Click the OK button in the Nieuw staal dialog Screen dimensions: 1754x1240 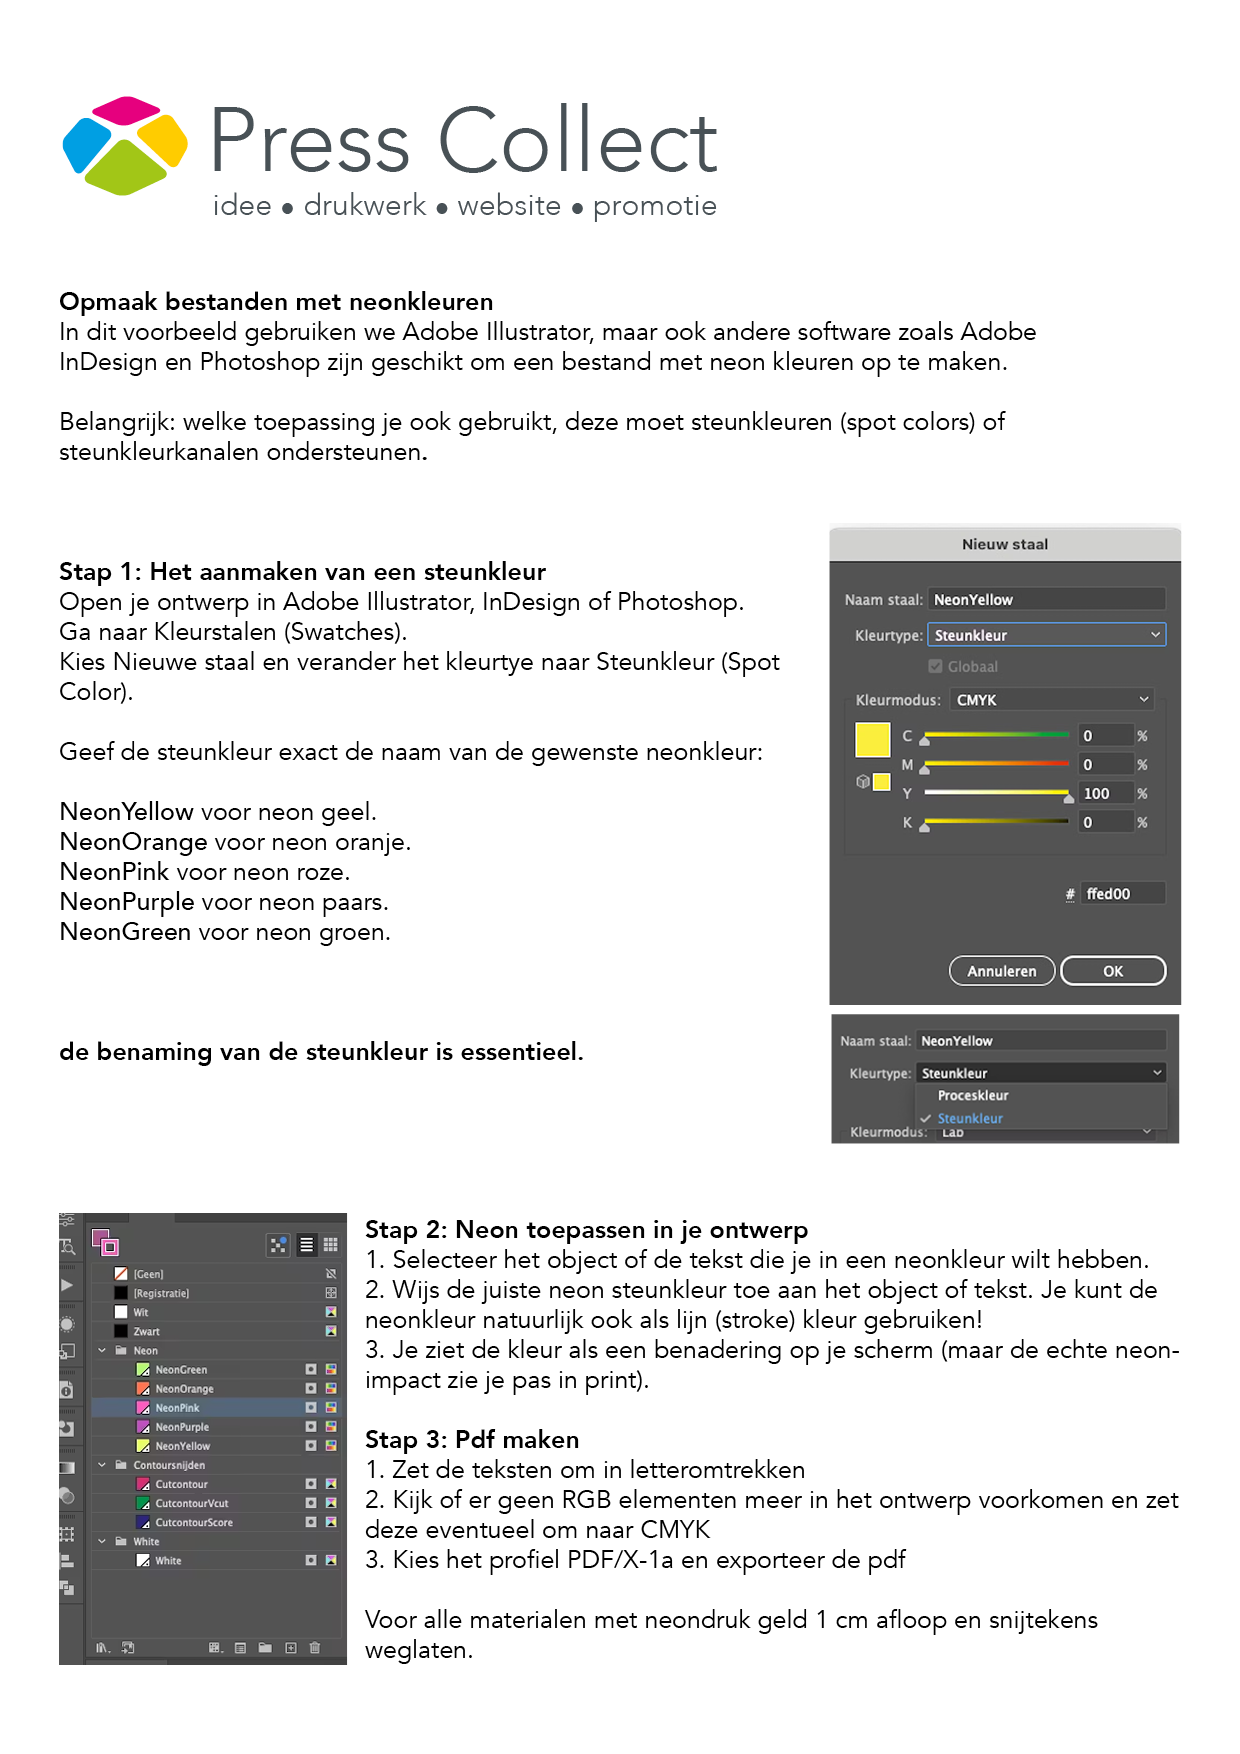pos(1112,971)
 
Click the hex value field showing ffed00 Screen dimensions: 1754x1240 pos(1123,894)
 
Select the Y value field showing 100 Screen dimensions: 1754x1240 pos(1104,794)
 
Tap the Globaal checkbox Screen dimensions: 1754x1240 pos(935,667)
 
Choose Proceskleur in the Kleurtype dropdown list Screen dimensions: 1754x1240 pos(973,1096)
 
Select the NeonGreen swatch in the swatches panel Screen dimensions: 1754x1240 pos(181,1370)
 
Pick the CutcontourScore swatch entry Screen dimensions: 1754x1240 pos(193,1523)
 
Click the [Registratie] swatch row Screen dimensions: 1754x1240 pos(161,1294)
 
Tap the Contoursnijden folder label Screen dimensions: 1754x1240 pos(169,1466)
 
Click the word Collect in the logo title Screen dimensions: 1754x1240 pos(578,142)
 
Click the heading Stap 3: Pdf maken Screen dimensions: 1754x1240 pos(472,1440)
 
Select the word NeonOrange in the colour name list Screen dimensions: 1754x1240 pos(133,842)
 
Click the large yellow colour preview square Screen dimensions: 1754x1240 pos(872,740)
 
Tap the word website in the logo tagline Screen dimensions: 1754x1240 pos(509,206)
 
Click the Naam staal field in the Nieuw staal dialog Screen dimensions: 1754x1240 pos(1045,600)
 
